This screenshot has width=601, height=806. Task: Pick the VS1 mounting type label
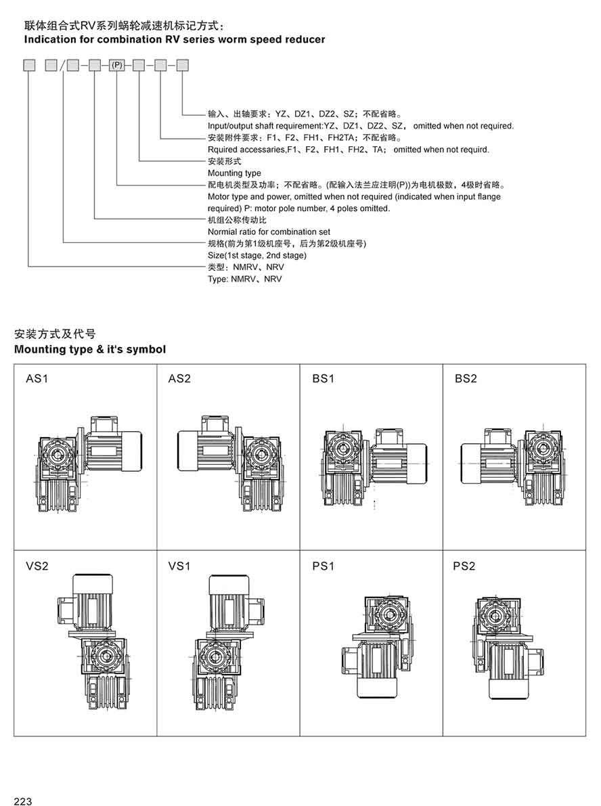[x=179, y=566]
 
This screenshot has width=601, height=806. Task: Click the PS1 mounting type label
[x=324, y=566]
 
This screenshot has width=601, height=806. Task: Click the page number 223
[x=23, y=801]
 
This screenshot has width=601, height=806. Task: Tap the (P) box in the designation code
[x=117, y=66]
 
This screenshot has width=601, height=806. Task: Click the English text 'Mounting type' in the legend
[x=234, y=173]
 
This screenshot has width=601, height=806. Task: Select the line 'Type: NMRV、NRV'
[x=245, y=279]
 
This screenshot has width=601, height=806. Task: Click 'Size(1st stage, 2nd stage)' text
[x=257, y=255]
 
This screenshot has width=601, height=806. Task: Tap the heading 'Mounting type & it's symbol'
[x=90, y=349]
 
